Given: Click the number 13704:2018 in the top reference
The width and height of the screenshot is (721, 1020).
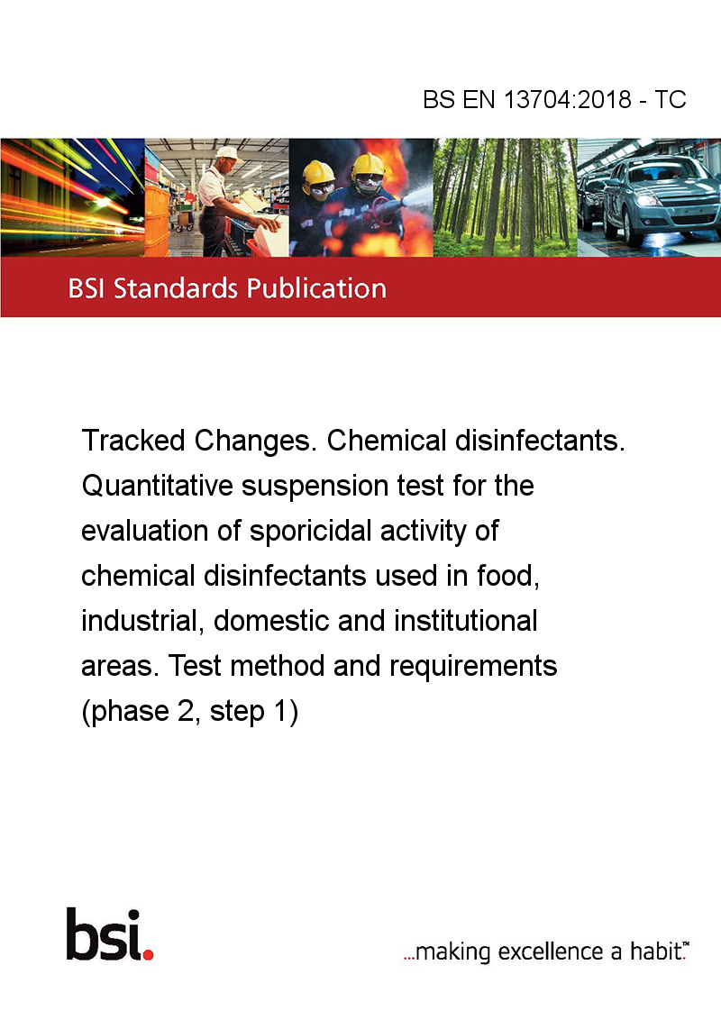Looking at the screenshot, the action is pos(568,99).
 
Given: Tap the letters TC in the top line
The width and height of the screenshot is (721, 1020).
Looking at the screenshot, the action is pos(671,99).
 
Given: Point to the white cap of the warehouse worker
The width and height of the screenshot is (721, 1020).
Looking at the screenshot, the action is pos(226,153).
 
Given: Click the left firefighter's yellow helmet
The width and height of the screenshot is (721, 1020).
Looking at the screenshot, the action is pos(318,172).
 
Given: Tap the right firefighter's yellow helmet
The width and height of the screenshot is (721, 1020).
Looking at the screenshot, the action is pos(368,165).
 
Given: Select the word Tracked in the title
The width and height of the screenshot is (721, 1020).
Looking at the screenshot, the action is pos(133,441).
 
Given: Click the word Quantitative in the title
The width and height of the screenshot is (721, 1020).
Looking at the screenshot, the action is pos(158,486).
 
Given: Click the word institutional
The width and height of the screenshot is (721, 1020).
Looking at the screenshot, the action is pos(465,621).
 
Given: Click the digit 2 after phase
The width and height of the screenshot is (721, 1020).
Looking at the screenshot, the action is pos(186,711).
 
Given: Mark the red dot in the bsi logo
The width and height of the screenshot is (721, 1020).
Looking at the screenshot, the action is pos(148,954).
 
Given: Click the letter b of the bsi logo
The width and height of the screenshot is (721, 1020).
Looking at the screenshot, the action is pos(81,934).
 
